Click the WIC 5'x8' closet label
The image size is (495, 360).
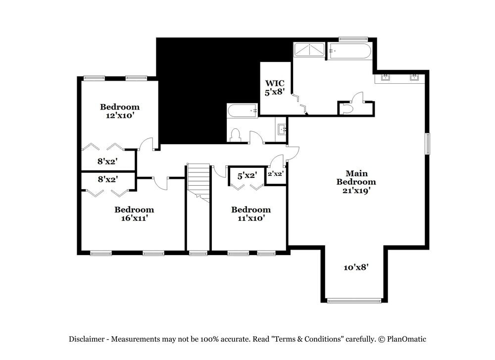[x=274, y=88]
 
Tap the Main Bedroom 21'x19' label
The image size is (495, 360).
[x=356, y=181]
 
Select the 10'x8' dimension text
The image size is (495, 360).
[x=356, y=267]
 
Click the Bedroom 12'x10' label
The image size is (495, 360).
[x=120, y=111]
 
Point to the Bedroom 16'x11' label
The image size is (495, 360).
[x=134, y=213]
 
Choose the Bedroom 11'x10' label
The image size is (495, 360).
[x=251, y=213]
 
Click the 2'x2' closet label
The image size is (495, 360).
[x=275, y=174]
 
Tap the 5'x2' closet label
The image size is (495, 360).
[x=247, y=175]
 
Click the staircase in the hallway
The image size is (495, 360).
[x=198, y=181]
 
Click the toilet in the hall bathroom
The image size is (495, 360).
[x=235, y=135]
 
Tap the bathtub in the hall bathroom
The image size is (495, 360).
[x=242, y=110]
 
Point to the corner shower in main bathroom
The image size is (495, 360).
[x=309, y=50]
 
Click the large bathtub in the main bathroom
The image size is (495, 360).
[x=350, y=51]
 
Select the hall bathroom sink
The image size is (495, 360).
[x=282, y=130]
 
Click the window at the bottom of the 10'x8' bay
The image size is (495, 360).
[x=354, y=300]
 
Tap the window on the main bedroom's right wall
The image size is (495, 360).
[x=428, y=144]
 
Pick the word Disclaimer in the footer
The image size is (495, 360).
[x=86, y=339]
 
